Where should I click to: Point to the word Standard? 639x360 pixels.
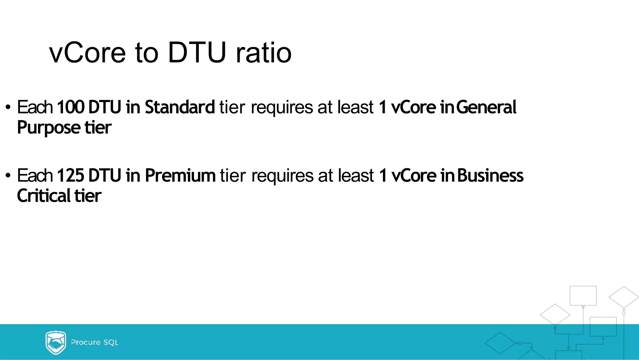[x=180, y=107]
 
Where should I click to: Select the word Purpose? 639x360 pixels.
[x=49, y=128]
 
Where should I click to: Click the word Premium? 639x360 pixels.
[x=180, y=175]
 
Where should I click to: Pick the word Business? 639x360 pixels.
[x=490, y=175]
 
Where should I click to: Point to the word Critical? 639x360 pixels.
[x=44, y=196]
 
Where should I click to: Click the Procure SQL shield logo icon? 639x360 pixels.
[x=56, y=342]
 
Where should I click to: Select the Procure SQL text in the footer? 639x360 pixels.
[x=95, y=342]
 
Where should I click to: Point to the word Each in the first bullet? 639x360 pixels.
[x=35, y=107]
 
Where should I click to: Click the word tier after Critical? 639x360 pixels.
[x=88, y=196]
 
